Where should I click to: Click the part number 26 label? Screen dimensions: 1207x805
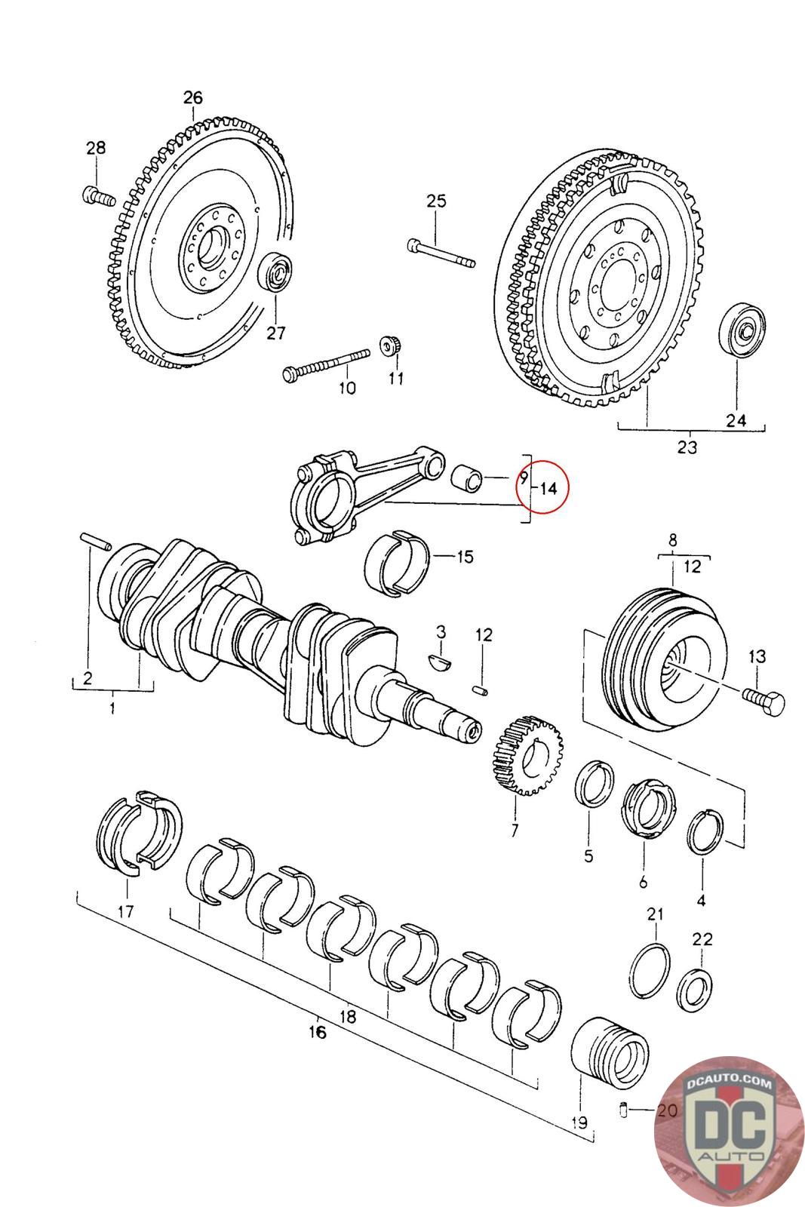193,97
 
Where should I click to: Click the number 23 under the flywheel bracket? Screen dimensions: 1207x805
687,447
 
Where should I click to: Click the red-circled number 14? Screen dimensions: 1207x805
548,488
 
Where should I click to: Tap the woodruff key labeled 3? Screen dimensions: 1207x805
438,661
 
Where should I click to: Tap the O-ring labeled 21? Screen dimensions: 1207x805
650,969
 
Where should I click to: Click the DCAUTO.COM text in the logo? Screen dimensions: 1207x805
730,1084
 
